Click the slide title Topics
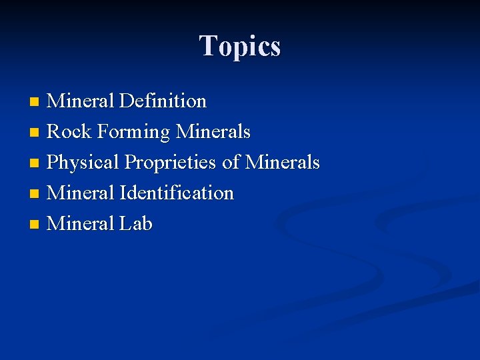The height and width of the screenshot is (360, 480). [x=240, y=46]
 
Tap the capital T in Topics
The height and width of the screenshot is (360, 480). [x=208, y=45]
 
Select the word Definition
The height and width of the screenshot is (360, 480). [x=163, y=101]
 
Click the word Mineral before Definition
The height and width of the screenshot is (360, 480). [x=81, y=101]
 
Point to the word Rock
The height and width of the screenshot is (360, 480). [x=69, y=132]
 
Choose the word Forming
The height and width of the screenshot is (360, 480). [x=133, y=133]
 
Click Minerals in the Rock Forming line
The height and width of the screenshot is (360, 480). [x=213, y=132]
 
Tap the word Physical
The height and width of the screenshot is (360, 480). [x=84, y=163]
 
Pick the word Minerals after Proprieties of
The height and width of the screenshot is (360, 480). [x=283, y=163]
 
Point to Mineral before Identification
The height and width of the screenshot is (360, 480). [x=81, y=193]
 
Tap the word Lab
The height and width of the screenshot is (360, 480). [x=136, y=223]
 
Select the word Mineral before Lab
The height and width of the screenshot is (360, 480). [x=81, y=223]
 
